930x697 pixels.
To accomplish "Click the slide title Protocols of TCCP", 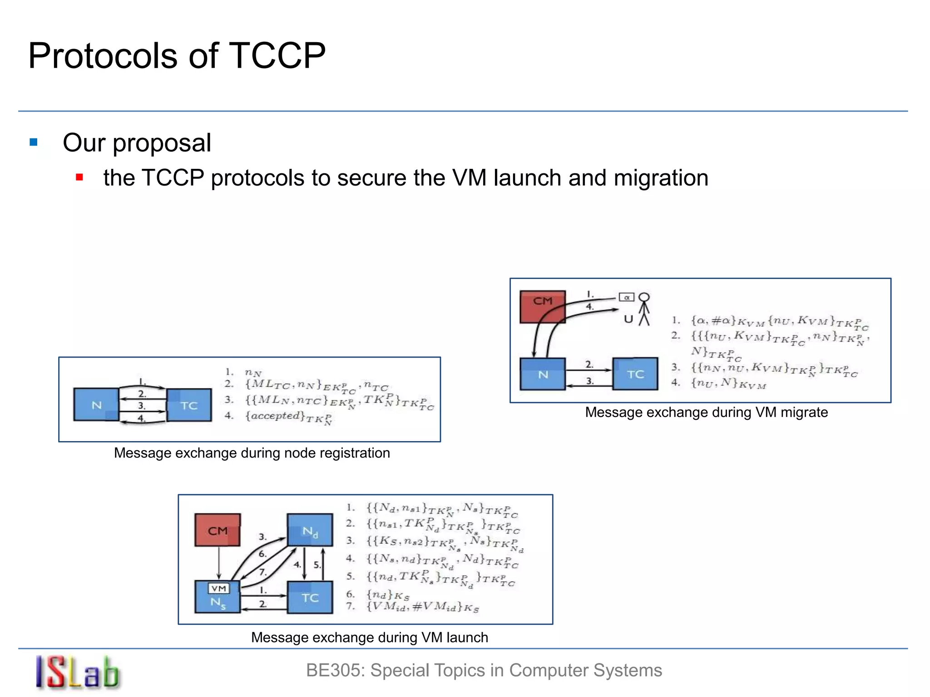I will pos(177,55).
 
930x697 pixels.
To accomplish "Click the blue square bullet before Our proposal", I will pos(34,142).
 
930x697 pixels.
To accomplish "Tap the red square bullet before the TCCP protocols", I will pos(79,177).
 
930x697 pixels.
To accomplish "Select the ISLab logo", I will pos(78,672).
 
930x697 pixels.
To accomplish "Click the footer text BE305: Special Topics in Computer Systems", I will pos(484,670).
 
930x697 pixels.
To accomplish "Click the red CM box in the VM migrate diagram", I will pos(543,306).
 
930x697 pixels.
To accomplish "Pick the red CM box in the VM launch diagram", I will pos(218,530).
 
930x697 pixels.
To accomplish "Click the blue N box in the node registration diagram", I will pos(96,404).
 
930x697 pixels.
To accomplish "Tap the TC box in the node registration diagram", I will pos(189,405).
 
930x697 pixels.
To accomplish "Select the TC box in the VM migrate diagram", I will pos(635,373).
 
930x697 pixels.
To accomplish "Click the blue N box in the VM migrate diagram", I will pos(543,374).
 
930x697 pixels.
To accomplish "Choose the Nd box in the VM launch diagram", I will pos(310,530).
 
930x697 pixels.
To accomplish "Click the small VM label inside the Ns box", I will pos(219,588).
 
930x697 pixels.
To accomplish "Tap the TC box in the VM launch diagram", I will pos(310,597).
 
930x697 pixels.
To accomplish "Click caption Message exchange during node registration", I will pos(252,453).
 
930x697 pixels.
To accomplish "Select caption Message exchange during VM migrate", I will pos(706,412).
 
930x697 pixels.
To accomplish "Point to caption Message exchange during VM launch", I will pos(369,637).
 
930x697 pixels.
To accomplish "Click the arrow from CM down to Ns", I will pos(219,563).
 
